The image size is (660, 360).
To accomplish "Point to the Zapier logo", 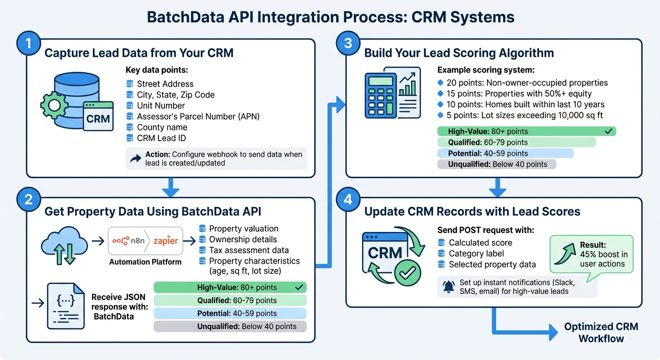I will (x=165, y=241).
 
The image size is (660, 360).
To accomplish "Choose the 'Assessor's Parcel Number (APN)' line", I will (x=198, y=116).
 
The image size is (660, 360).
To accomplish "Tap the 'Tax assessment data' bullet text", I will (x=248, y=250).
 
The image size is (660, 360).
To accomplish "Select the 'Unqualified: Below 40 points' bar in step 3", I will (x=496, y=164).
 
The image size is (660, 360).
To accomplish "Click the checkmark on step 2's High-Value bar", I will (x=299, y=287).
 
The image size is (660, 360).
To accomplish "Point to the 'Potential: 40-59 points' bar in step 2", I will (x=230, y=313).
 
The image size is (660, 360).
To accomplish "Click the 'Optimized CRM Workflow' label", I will (x=601, y=332).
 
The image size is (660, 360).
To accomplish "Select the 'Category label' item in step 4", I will (x=476, y=254).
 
